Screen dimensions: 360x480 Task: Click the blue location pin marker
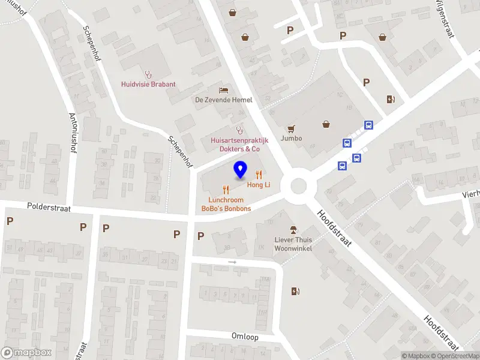pos(240,170)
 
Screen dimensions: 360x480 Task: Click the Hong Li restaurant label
pos(259,185)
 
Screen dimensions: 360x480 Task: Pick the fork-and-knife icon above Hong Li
pos(259,175)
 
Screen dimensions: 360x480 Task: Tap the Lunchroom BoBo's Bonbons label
pos(226,204)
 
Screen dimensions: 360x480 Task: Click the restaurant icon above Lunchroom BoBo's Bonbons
pos(226,189)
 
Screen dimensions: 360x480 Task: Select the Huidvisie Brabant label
pos(148,85)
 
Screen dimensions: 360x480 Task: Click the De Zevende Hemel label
pos(223,100)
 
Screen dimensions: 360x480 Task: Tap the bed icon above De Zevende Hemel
pos(223,89)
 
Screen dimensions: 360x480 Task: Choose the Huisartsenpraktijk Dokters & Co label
pos(239,144)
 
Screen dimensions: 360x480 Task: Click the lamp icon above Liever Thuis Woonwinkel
pos(293,230)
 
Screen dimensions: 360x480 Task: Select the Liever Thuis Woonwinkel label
pos(293,244)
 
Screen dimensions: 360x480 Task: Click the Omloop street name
pos(245,337)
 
